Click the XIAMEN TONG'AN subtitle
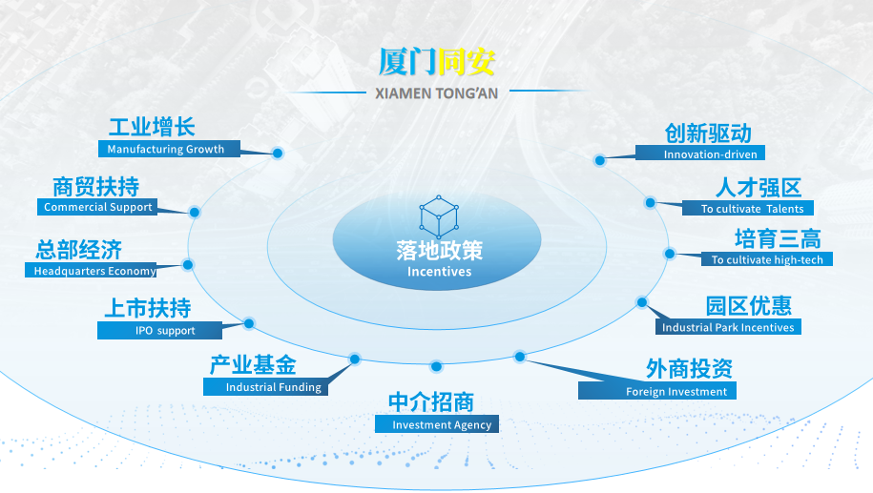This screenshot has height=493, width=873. click(x=437, y=92)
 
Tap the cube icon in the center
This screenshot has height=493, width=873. click(x=439, y=216)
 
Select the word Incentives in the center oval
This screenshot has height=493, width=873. click(x=439, y=272)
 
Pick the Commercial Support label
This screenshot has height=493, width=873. click(x=97, y=207)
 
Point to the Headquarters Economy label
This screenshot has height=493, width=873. click(x=94, y=271)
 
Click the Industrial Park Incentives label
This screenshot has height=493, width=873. click(x=728, y=327)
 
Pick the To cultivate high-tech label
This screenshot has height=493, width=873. click(x=767, y=259)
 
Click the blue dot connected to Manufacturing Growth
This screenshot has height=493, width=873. click(x=278, y=153)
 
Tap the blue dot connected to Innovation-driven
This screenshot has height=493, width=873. click(x=599, y=161)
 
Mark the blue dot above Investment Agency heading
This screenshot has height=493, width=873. click(x=437, y=366)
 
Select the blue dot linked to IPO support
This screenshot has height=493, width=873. click(x=249, y=323)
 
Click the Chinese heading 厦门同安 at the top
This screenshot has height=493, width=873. click(x=437, y=61)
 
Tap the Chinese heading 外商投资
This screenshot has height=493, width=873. click(x=689, y=368)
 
